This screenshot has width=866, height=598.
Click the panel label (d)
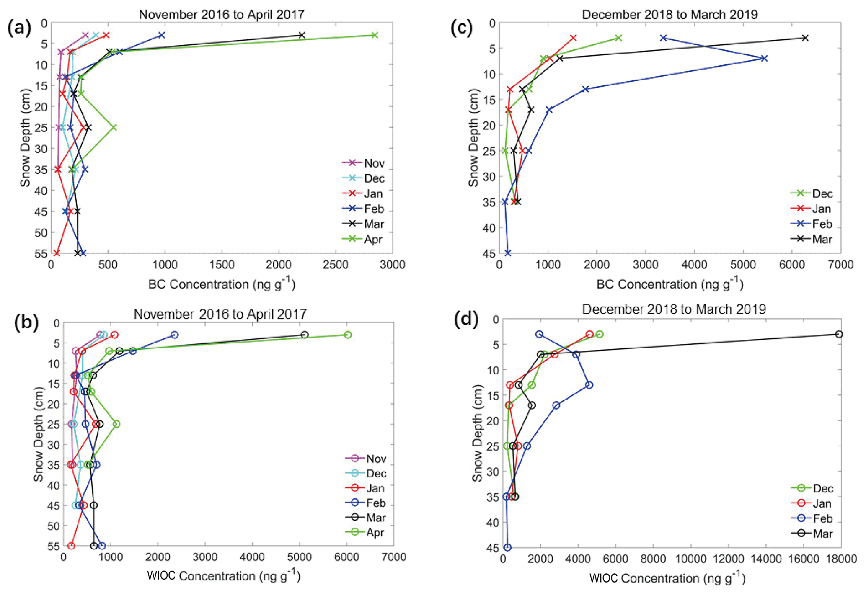tap(466, 320)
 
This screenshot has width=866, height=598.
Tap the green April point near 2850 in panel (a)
tap(375, 35)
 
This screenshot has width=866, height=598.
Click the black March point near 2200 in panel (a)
tap(302, 35)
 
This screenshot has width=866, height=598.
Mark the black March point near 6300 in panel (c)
tap(805, 38)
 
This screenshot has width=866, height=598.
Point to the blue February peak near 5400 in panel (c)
tap(764, 59)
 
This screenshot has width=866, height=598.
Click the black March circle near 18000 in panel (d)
tap(839, 334)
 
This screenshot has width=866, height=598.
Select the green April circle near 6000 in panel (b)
tap(347, 335)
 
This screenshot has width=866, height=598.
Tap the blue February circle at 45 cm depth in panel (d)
tap(507, 547)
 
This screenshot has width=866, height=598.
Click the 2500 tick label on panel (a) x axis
tap(336, 265)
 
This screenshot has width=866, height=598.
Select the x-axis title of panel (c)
tap(670, 284)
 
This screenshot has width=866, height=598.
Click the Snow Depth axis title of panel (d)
tap(477, 433)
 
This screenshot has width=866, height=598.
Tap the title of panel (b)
tap(220, 314)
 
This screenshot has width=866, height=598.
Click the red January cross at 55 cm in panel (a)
tap(57, 253)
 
